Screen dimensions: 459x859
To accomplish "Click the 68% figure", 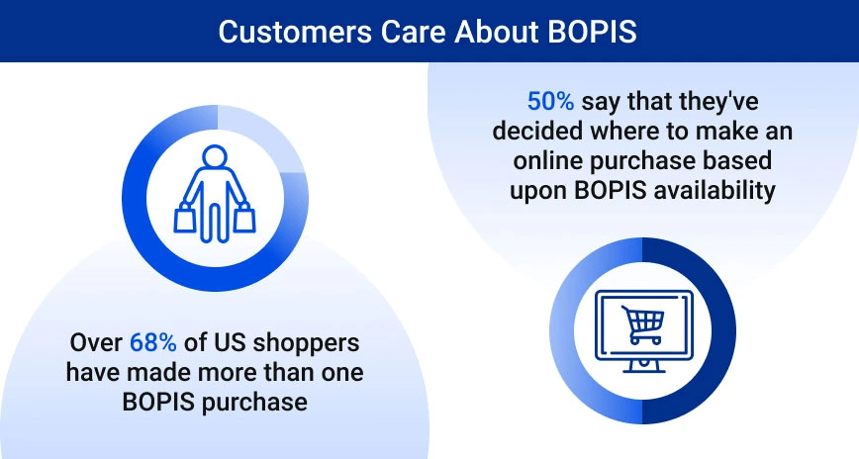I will [153, 343].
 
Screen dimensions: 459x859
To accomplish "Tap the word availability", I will [709, 190].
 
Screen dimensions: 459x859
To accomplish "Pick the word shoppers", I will [309, 343].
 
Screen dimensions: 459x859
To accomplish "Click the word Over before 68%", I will [97, 343].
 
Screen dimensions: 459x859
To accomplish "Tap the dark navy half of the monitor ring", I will [716, 331].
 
